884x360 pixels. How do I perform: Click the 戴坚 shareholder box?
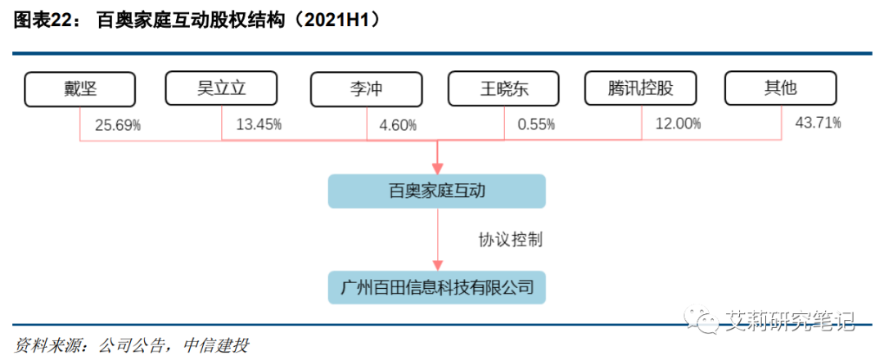[80, 88]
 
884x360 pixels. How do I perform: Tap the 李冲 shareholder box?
[366, 89]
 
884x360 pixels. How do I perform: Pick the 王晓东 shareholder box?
[503, 89]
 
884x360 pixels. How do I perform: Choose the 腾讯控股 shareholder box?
[641, 88]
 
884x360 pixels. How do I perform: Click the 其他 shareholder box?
[781, 88]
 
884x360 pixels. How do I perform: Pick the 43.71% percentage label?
[818, 124]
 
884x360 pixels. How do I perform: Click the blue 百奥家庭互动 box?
[436, 191]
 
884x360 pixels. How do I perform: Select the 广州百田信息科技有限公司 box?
[436, 287]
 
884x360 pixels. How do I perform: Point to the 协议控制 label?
[510, 240]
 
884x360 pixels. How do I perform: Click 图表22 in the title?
[43, 22]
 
